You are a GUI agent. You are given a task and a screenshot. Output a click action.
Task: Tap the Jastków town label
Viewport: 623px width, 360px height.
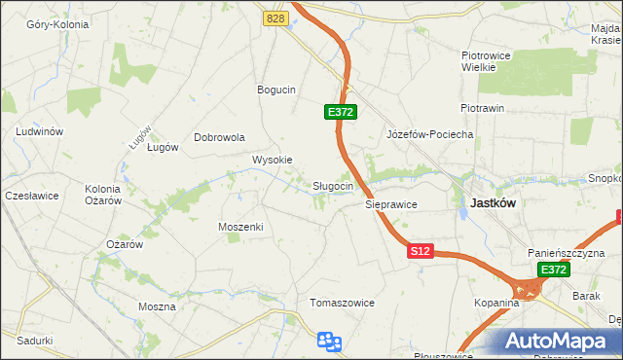[x=493, y=203]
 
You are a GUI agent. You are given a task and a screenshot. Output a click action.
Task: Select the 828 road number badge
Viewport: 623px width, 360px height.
[x=275, y=18]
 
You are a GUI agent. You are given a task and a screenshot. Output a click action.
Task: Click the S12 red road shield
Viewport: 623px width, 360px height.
[x=420, y=251]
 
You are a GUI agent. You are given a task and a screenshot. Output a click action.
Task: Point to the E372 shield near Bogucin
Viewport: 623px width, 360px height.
[x=340, y=113]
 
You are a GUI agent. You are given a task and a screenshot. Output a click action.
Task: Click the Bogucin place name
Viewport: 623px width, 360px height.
[x=275, y=90]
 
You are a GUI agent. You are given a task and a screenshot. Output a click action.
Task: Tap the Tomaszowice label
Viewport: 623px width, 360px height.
[x=342, y=303]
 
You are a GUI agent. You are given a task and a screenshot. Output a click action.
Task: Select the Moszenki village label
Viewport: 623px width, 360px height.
[x=241, y=226]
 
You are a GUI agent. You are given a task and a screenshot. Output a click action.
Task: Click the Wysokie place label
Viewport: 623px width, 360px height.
[x=273, y=160]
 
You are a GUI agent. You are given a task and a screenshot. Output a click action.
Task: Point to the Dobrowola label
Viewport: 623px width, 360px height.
[x=219, y=137]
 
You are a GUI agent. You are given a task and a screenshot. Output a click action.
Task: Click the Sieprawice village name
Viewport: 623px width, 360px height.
[x=391, y=205]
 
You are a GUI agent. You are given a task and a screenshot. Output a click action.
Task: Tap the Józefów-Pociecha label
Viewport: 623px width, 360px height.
[x=429, y=134]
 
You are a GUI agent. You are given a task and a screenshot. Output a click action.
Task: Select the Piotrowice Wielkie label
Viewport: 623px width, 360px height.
[x=486, y=62]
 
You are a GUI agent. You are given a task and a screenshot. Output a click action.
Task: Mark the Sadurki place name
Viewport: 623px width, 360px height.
[x=34, y=341]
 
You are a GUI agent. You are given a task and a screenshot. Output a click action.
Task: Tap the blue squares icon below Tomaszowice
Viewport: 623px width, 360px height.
[x=330, y=341]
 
